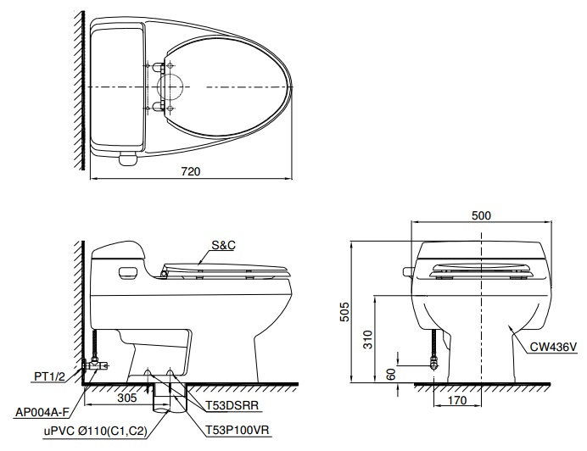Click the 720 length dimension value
[191, 171]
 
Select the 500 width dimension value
[482, 215]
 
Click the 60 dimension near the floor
[390, 373]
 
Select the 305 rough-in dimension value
[126, 396]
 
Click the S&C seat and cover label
[223, 244]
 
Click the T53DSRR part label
[231, 406]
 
